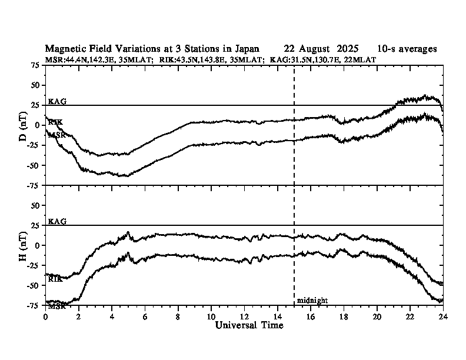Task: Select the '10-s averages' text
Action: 407,49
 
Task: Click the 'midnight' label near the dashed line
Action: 312,301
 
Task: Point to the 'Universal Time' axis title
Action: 249,325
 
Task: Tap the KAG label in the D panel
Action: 57,101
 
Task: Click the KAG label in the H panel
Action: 57,221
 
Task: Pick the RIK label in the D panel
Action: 55,122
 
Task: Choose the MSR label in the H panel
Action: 56,306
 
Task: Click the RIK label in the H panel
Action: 55,279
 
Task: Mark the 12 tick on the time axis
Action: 244,316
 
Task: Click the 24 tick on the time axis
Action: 443,316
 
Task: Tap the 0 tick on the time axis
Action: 46,316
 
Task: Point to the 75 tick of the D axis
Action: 35,65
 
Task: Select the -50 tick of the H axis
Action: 34,285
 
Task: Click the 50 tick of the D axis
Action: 35,85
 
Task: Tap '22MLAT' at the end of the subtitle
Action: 362,59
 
